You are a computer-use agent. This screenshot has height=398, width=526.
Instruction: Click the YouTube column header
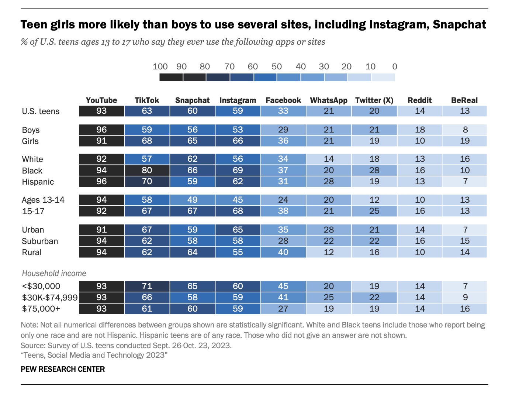click(x=101, y=100)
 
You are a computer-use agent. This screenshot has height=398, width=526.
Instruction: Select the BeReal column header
click(x=464, y=100)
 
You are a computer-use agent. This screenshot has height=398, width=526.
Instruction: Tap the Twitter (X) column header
click(x=374, y=100)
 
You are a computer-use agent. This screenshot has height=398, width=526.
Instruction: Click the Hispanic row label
click(x=38, y=182)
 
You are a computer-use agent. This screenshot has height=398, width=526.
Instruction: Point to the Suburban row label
click(x=40, y=241)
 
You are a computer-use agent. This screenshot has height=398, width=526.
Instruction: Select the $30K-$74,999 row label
click(x=49, y=298)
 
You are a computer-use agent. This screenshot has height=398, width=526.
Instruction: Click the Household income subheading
click(x=54, y=274)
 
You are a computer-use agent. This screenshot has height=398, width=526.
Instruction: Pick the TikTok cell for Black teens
click(x=147, y=171)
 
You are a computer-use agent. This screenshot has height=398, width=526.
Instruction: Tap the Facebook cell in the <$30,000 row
click(x=283, y=286)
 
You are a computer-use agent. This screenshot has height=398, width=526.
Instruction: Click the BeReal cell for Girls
click(x=464, y=141)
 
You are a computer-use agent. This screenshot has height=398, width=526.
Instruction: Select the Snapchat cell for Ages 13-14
click(x=192, y=200)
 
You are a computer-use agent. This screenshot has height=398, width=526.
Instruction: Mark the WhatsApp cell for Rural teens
click(x=328, y=252)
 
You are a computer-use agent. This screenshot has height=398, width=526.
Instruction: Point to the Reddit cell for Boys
click(x=419, y=130)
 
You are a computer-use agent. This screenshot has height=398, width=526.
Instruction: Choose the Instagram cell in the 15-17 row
click(x=238, y=211)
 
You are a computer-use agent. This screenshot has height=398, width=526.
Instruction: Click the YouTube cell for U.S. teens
click(x=101, y=111)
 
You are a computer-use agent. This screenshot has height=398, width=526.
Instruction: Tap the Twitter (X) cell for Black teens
click(x=374, y=171)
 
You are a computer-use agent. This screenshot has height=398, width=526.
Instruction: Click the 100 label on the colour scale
click(x=160, y=67)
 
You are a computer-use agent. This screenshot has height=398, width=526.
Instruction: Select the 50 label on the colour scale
click(x=277, y=67)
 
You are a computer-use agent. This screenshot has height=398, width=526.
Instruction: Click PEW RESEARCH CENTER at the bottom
click(x=63, y=369)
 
